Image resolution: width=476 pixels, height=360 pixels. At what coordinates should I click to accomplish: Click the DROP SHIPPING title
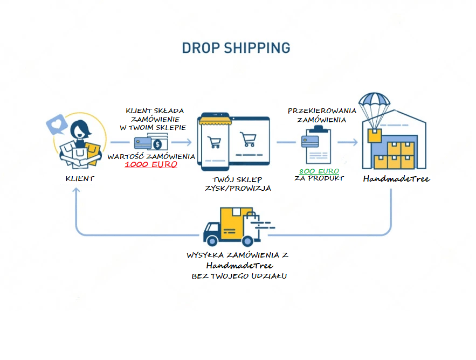[236, 47]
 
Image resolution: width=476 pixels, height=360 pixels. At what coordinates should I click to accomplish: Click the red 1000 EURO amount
[151, 165]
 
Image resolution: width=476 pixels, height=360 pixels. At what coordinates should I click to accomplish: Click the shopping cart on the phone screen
[214, 141]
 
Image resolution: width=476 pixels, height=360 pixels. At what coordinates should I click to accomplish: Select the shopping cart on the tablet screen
[249, 140]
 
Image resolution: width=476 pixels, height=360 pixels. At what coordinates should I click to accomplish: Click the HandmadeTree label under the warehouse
[396, 178]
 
